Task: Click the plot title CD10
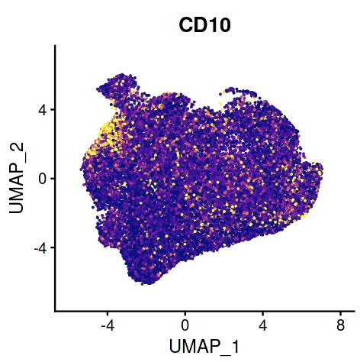pos(204,25)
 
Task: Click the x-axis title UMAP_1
pos(204,345)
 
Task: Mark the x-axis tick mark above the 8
pos(340,313)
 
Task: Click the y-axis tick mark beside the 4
pos(53,109)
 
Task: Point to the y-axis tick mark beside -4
pos(53,248)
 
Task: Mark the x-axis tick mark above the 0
pos(185,313)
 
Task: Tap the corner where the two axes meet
pos(55,311)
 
